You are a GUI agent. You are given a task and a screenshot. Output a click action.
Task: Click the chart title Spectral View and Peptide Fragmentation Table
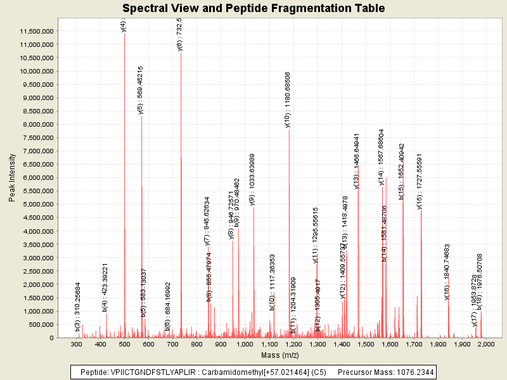click(x=253, y=8)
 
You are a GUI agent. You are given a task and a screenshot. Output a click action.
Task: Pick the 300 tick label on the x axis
click(x=76, y=345)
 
